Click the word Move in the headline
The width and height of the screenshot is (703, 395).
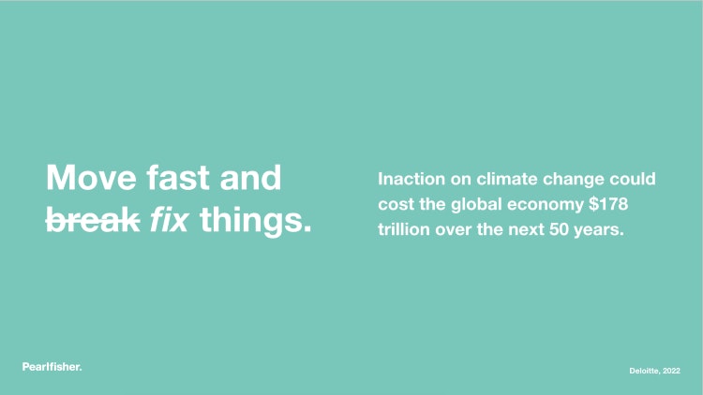coord(92,178)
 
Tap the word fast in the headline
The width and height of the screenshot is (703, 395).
coord(178,178)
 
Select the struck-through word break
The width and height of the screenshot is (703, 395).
coord(93,220)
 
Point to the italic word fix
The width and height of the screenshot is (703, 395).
coord(169,220)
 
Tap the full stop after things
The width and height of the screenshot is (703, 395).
coord(307,229)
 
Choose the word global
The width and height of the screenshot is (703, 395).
coord(476,206)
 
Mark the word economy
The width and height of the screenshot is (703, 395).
coord(546,207)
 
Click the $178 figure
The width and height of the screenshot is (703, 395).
coord(608,204)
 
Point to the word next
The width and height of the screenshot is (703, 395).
coord(526,229)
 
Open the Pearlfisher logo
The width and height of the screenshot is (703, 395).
coord(52,367)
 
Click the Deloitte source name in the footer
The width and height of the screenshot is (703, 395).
coord(644,371)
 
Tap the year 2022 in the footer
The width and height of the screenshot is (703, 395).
coord(672,371)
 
